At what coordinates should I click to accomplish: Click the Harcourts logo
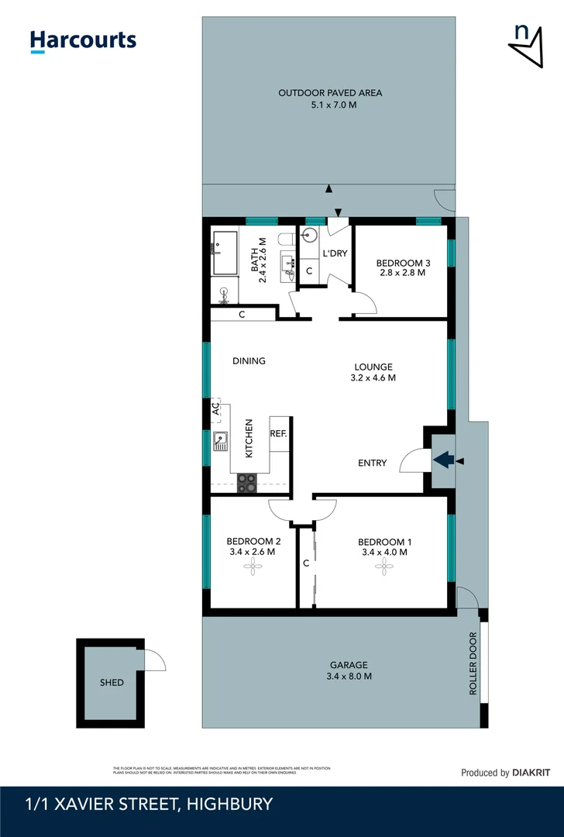83,41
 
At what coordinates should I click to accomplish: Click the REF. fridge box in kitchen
278,433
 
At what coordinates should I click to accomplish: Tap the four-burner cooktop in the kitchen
246,483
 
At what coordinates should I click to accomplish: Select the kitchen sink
221,441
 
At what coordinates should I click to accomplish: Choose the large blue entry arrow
443,460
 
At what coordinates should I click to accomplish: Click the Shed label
111,683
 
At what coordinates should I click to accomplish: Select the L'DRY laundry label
334,253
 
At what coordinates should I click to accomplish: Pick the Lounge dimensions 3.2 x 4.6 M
374,378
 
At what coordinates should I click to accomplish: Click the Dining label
249,360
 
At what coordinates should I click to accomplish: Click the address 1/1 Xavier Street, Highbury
149,804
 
